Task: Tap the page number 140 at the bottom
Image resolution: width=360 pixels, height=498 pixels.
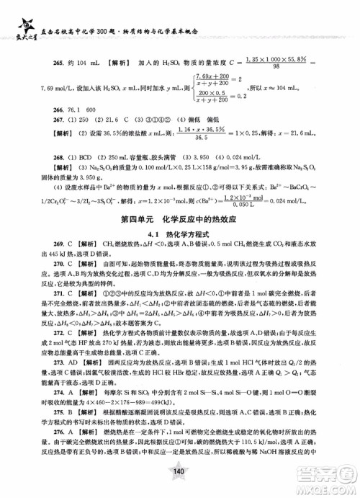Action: (179, 471)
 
